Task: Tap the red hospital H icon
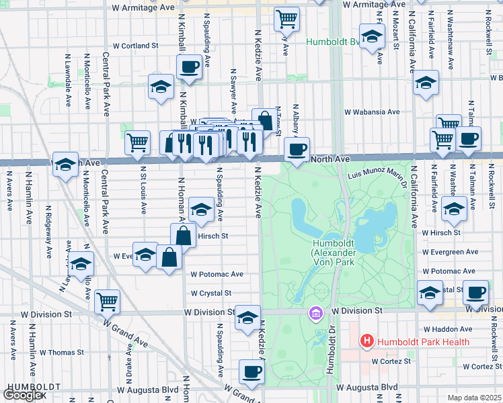[366, 341]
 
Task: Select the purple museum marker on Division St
[315, 313]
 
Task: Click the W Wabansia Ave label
[372, 112]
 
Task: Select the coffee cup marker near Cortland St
[188, 66]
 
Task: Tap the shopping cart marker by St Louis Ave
[138, 142]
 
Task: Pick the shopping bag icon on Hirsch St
[184, 235]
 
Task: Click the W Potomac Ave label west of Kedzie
[217, 274]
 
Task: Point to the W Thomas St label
[61, 351]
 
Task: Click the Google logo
[23, 395]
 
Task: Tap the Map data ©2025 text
[475, 398]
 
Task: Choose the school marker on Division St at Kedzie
[247, 316]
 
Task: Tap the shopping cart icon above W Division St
[108, 301]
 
